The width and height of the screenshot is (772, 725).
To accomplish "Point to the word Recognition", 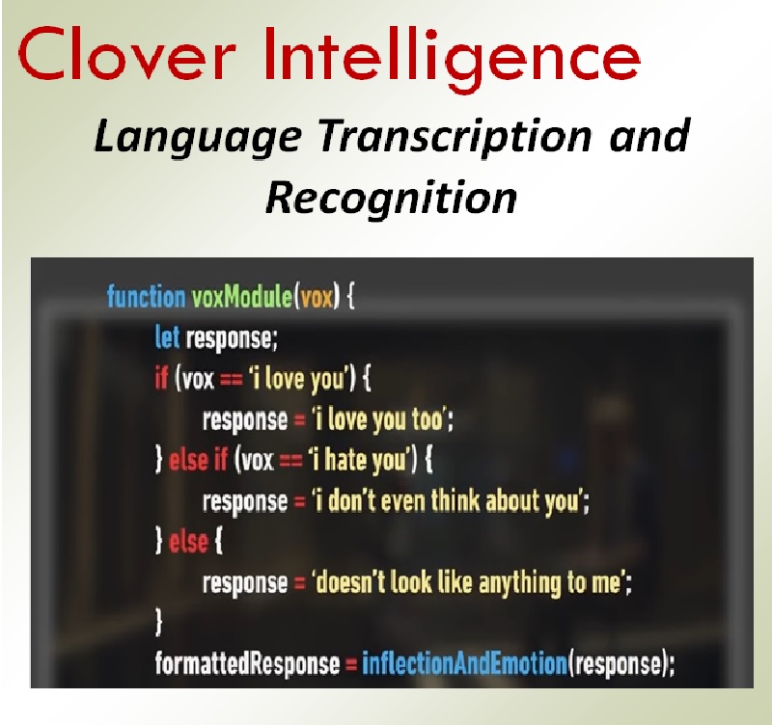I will point(391,197).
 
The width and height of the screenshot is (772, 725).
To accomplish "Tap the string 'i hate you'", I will point(358,461).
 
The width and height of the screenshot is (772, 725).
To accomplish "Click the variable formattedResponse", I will point(247,663).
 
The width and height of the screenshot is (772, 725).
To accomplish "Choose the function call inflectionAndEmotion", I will point(460,663).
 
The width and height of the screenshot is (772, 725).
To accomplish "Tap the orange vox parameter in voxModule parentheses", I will point(316,296).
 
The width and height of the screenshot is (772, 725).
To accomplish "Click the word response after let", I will point(231,337).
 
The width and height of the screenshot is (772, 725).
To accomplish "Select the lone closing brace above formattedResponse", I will point(160,623).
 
